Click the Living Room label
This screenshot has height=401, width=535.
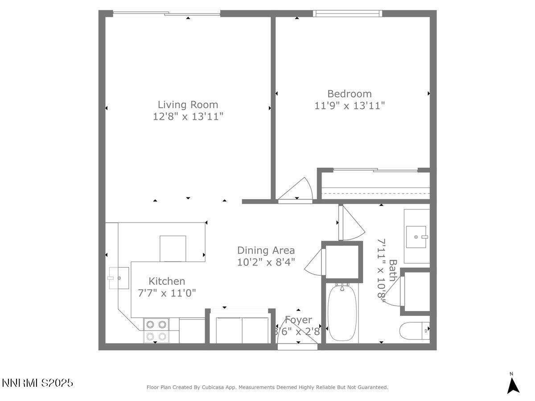tap(188, 105)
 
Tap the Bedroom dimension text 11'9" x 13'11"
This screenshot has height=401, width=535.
tap(350, 106)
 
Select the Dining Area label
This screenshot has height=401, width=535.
tap(266, 250)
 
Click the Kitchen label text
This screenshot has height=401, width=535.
tap(167, 281)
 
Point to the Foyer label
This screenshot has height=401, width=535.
tap(298, 320)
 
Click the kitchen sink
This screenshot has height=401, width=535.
tap(118, 278)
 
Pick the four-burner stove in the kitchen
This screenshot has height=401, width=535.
tap(156, 330)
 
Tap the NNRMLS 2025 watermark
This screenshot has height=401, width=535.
tap(37, 383)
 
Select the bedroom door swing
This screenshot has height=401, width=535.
tap(297, 190)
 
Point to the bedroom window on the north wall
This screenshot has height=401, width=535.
tap(348, 14)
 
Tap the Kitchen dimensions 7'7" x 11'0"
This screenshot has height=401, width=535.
tap(167, 293)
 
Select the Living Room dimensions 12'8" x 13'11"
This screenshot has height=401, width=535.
tap(188, 116)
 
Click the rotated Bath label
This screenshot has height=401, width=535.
tap(392, 270)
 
